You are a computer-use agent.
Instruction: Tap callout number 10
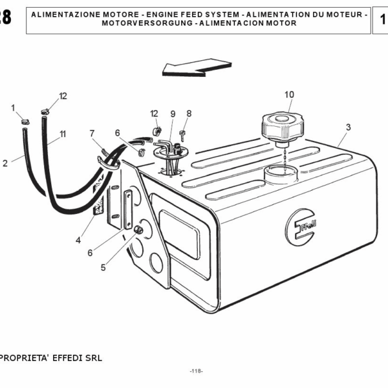pos(289,94)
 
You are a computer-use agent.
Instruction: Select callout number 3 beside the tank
pos(348,127)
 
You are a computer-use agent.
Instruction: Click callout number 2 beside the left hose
pos(5,164)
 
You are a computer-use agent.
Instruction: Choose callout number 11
pos(63,134)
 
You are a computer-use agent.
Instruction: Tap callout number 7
pos(92,133)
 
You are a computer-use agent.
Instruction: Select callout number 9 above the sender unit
pos(173,114)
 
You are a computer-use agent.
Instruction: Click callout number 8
pos(189,113)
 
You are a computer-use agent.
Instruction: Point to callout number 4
pos(78,240)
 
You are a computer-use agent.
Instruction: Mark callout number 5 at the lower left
pos(102,265)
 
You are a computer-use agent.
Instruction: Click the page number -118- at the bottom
pos(197,371)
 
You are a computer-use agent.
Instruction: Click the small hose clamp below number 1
pos(25,122)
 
